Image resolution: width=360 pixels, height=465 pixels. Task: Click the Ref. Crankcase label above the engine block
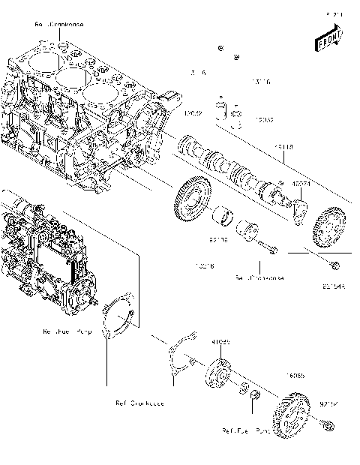point(60,25)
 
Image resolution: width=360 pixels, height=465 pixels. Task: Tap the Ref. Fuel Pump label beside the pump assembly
point(67,331)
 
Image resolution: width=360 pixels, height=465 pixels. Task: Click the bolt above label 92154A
point(334,264)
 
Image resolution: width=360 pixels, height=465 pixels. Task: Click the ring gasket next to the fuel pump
point(118,318)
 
